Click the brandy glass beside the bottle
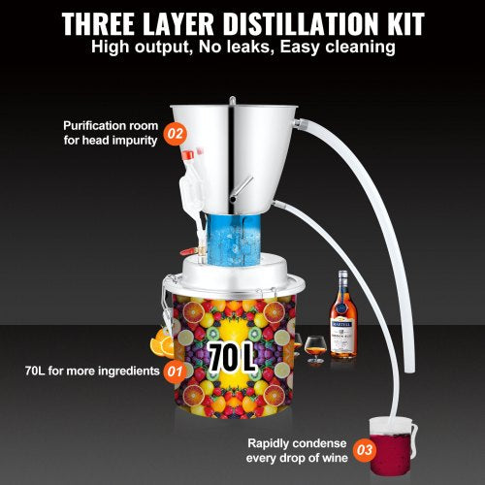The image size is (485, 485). click(x=314, y=346)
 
